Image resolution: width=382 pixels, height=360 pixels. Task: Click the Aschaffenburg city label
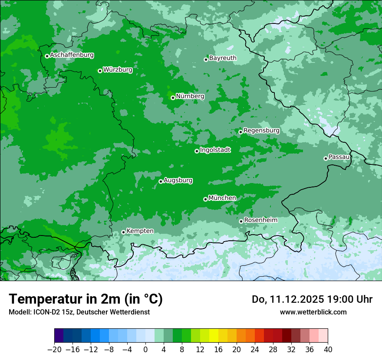pyautogui.click(x=72, y=55)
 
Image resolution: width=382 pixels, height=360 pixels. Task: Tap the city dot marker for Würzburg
pyautogui.click(x=100, y=71)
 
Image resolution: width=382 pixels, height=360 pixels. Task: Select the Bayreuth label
pyautogui.click(x=223, y=58)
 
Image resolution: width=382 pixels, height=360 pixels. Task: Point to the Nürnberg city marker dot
pyautogui.click(x=173, y=98)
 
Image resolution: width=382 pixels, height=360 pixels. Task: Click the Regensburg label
pyautogui.click(x=261, y=130)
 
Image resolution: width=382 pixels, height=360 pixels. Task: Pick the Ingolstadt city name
pyautogui.click(x=215, y=150)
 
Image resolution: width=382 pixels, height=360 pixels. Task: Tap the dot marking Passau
pyautogui.click(x=326, y=158)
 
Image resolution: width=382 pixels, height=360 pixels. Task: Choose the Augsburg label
pyautogui.click(x=178, y=180)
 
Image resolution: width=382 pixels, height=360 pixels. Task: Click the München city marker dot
pyautogui.click(x=205, y=199)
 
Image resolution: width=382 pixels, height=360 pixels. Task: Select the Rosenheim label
pyautogui.click(x=260, y=220)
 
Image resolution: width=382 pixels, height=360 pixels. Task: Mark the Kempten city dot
pyautogui.click(x=123, y=232)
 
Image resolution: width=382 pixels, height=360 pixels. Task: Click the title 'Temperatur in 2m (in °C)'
pyautogui.click(x=86, y=299)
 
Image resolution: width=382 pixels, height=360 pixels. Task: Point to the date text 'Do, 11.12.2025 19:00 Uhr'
pyautogui.click(x=312, y=299)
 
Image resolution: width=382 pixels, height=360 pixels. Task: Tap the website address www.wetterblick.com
pyautogui.click(x=313, y=312)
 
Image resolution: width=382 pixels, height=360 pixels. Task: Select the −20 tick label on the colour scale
pyautogui.click(x=54, y=350)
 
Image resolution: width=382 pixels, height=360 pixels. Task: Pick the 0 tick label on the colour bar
pyautogui.click(x=145, y=350)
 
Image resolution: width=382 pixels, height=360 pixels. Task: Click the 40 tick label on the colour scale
pyautogui.click(x=328, y=350)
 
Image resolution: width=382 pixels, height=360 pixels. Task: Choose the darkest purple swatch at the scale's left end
pyautogui.click(x=59, y=336)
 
